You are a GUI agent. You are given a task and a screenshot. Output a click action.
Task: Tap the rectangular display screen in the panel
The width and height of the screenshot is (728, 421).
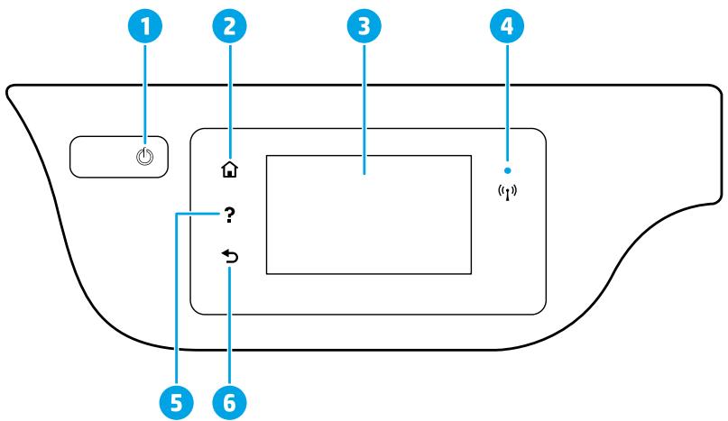click(369, 214)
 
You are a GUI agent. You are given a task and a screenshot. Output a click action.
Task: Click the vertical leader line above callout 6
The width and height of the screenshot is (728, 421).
click(229, 325)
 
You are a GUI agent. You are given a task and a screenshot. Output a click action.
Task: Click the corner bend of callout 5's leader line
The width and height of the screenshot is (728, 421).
click(178, 214)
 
